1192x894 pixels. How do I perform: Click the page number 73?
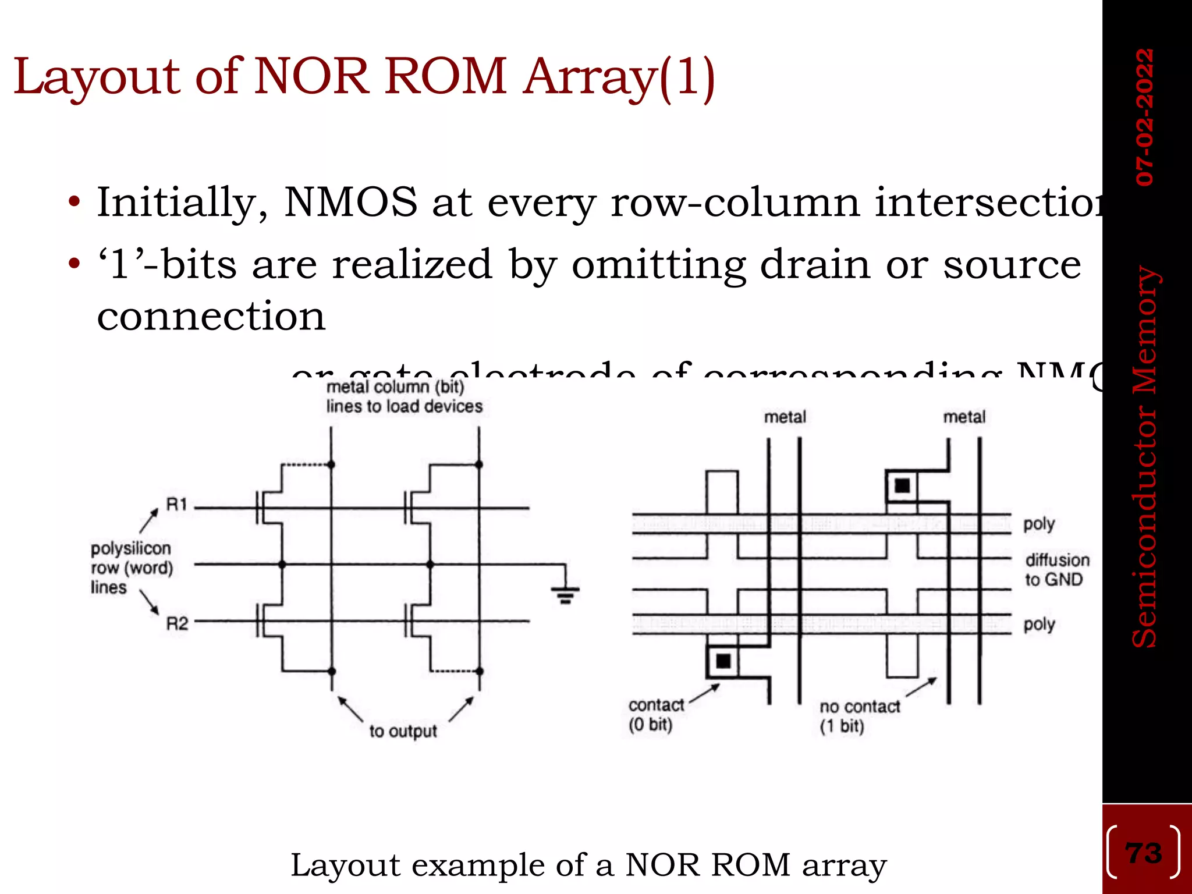pyautogui.click(x=1144, y=853)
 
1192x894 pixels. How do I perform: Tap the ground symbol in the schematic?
pyautogui.click(x=565, y=594)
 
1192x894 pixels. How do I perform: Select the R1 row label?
pyautogui.click(x=177, y=504)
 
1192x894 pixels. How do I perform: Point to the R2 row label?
pyautogui.click(x=177, y=623)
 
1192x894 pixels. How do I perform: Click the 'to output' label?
pyautogui.click(x=403, y=731)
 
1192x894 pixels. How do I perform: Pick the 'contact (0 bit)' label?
pyautogui.click(x=655, y=715)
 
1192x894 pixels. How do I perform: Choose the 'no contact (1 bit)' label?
pyautogui.click(x=859, y=716)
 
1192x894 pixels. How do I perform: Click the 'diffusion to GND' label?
pyautogui.click(x=1057, y=570)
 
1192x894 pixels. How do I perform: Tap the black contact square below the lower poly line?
pyautogui.click(x=723, y=661)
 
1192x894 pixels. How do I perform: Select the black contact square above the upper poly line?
pyautogui.click(x=902, y=485)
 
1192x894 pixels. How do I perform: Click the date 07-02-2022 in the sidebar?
pyautogui.click(x=1145, y=117)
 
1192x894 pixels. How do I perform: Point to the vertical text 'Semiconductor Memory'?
pyautogui.click(x=1145, y=457)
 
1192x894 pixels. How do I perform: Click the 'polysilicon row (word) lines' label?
pyautogui.click(x=131, y=567)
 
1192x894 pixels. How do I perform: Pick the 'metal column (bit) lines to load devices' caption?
pyautogui.click(x=404, y=396)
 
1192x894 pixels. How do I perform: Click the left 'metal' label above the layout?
pyautogui.click(x=785, y=417)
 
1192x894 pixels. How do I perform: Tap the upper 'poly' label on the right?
pyautogui.click(x=1039, y=524)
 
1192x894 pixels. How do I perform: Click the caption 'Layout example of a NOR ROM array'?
pyautogui.click(x=588, y=865)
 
